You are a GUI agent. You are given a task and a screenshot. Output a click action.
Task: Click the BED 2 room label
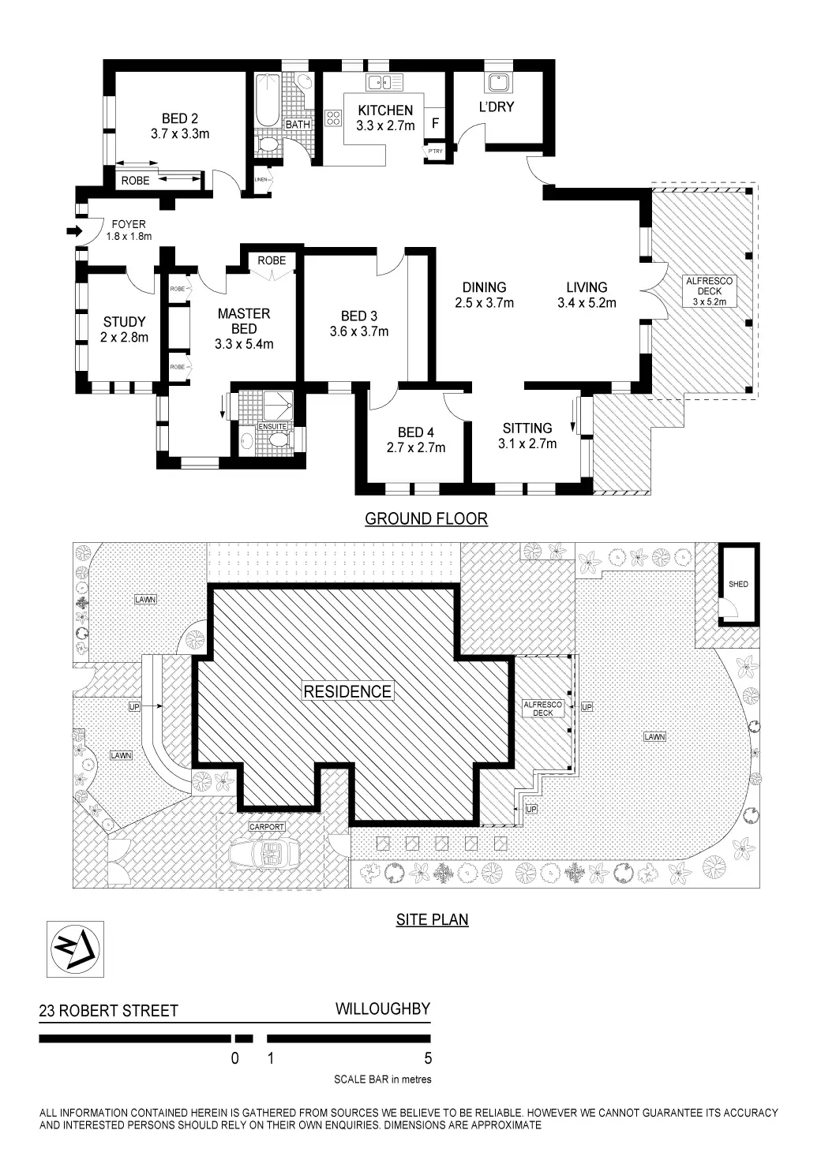click(x=180, y=119)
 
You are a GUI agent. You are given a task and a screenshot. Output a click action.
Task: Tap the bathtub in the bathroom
click(x=267, y=100)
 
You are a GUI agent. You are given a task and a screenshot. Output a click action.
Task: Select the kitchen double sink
click(x=384, y=81)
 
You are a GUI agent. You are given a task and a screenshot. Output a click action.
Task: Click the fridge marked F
click(x=435, y=123)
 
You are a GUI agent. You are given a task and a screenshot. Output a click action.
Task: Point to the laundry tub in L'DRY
click(x=497, y=81)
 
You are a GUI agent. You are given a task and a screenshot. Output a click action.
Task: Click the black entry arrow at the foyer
click(x=73, y=231)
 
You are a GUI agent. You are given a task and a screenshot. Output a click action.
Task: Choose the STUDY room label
click(x=124, y=322)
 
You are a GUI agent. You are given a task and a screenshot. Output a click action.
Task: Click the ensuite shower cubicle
click(x=276, y=405)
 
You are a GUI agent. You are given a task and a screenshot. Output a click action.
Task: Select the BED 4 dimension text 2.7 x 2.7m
click(x=416, y=447)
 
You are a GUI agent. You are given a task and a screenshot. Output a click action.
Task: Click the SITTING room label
click(x=527, y=428)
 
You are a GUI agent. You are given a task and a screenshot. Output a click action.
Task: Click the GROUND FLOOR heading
click(x=426, y=518)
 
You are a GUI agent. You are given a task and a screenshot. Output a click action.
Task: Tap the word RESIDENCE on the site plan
click(x=347, y=691)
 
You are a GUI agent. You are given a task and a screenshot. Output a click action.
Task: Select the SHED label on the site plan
click(x=738, y=584)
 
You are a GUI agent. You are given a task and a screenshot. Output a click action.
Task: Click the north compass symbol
click(x=75, y=949)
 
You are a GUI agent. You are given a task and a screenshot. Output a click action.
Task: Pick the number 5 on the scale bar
click(x=428, y=1058)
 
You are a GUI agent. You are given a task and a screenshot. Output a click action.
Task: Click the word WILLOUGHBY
click(x=383, y=1008)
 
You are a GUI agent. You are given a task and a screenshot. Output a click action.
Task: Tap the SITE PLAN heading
click(x=432, y=919)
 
